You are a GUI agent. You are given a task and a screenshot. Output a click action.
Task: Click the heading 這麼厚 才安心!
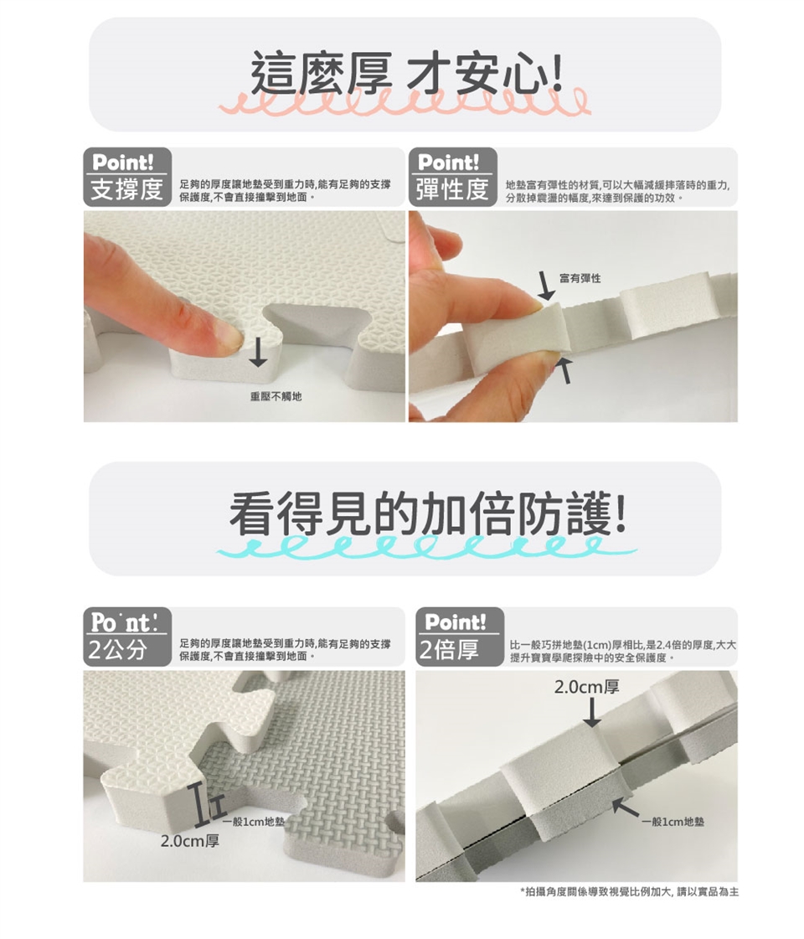click(x=406, y=75)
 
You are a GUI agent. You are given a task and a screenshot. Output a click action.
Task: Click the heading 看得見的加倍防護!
click(x=427, y=514)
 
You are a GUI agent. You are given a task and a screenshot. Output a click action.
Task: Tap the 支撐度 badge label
click(x=127, y=190)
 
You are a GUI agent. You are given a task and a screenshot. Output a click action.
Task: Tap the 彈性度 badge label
click(x=452, y=190)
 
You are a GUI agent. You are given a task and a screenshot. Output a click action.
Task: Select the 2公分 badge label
click(x=118, y=649)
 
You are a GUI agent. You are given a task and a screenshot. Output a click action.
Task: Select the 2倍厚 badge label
click(x=449, y=649)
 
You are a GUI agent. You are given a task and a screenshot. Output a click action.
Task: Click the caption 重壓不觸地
click(x=276, y=396)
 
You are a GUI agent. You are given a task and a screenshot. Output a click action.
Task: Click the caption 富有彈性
click(x=580, y=278)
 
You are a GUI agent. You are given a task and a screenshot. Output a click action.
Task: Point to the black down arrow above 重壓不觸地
click(x=258, y=351)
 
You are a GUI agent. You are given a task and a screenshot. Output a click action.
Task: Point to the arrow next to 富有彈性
click(x=545, y=286)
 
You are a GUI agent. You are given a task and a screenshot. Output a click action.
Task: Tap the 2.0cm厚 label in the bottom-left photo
click(x=190, y=841)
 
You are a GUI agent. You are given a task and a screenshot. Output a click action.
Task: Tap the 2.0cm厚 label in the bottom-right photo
click(x=587, y=687)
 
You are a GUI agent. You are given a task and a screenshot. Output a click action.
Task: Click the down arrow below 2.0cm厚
click(x=591, y=713)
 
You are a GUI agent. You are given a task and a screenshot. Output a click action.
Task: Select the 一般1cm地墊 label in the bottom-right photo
click(x=673, y=822)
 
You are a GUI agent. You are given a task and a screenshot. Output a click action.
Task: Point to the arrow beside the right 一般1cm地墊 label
click(x=626, y=810)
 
